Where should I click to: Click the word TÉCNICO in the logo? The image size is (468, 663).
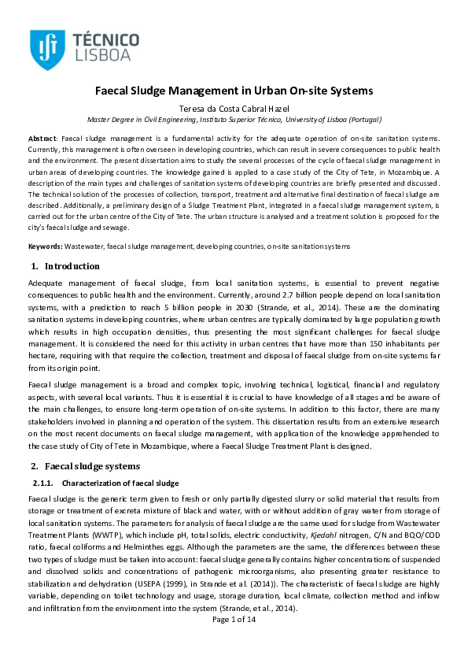point(105,39)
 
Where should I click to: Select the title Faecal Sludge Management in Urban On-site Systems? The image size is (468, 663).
point(234,91)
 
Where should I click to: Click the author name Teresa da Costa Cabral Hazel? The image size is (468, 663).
point(234,108)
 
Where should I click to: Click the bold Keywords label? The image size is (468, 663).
point(45,246)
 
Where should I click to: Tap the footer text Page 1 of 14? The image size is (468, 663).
point(234,642)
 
